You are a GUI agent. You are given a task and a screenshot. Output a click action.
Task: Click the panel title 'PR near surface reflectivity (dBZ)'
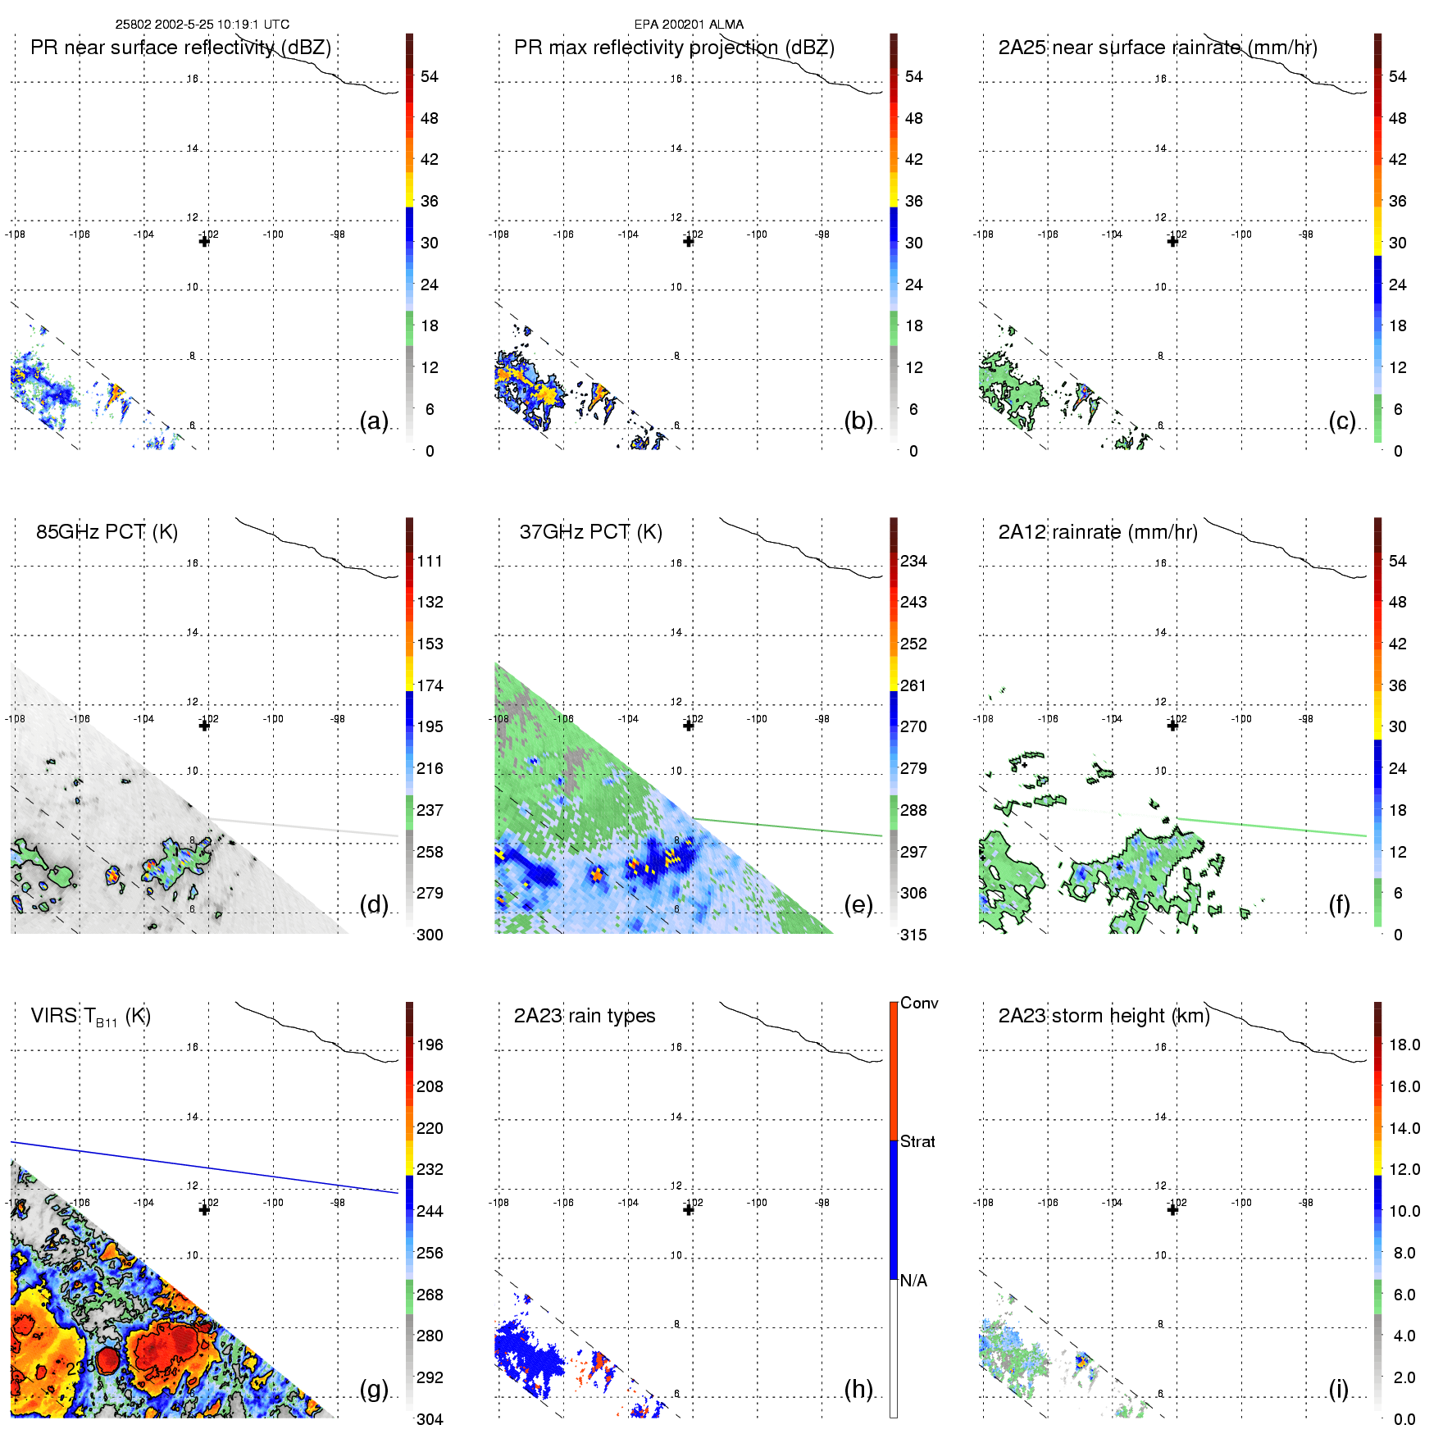180,48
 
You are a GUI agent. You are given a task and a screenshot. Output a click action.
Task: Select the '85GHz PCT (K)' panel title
107,532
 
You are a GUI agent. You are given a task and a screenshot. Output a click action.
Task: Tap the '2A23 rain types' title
584,1016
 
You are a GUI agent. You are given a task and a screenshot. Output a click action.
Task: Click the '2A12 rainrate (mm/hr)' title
1097,532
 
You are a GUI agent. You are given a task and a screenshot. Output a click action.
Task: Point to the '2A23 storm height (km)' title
1104,1016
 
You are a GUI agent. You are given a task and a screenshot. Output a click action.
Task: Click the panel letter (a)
374,421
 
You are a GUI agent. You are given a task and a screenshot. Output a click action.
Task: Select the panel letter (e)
858,905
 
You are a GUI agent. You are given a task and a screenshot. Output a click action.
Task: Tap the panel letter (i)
1338,1389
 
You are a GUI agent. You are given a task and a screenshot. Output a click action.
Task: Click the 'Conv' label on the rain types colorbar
919,1004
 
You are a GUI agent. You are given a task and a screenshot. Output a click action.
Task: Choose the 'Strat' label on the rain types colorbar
917,1141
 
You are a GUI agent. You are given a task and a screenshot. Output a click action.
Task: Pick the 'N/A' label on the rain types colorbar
913,1281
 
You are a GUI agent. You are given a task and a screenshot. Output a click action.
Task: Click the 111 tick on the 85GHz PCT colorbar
430,562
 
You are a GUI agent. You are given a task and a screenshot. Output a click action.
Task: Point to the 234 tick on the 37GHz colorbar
913,562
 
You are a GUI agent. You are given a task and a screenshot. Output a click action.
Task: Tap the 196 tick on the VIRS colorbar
430,1045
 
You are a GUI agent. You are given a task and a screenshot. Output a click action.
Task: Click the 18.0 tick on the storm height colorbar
1404,1045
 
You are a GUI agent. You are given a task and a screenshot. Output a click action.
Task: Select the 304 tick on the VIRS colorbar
430,1419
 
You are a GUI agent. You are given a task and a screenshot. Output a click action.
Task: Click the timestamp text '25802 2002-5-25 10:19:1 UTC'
202,25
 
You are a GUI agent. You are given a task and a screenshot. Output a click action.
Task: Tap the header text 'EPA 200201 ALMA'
689,25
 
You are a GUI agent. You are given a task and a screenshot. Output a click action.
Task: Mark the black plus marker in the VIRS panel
204,1210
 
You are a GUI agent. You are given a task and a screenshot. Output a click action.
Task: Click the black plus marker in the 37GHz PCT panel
689,726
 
